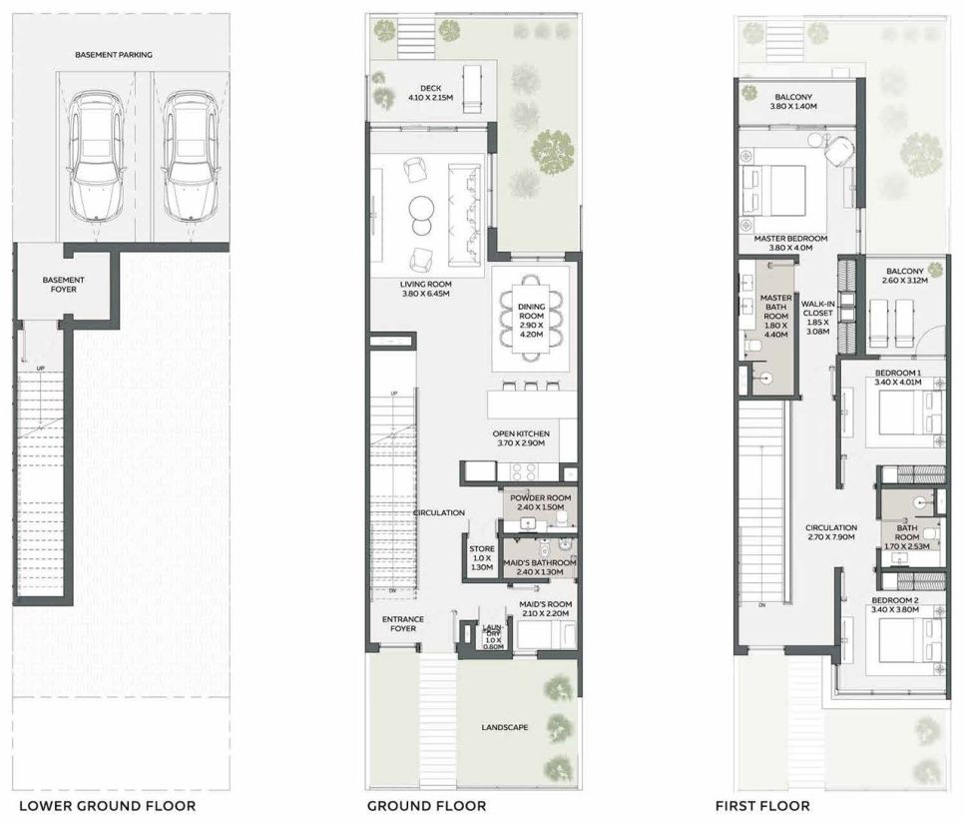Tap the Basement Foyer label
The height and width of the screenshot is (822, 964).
click(x=63, y=285)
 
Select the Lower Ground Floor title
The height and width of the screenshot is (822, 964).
click(x=107, y=805)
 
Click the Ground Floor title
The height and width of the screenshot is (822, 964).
click(x=427, y=805)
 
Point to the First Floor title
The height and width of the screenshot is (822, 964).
click(x=762, y=805)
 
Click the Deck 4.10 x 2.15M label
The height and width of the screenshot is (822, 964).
click(x=430, y=93)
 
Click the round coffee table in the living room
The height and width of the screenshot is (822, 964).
click(x=422, y=208)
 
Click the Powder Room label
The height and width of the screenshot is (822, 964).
click(x=541, y=502)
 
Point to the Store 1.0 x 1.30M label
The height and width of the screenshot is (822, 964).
click(x=482, y=558)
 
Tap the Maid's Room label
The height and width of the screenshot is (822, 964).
click(x=545, y=608)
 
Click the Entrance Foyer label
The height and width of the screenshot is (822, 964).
click(x=403, y=624)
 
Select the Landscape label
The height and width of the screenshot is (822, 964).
click(x=505, y=727)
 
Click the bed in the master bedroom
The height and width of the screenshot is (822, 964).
click(x=773, y=190)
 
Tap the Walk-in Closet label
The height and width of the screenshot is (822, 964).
click(x=817, y=318)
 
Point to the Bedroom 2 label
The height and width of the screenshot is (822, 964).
click(x=894, y=605)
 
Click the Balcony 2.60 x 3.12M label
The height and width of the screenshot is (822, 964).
click(x=905, y=276)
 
